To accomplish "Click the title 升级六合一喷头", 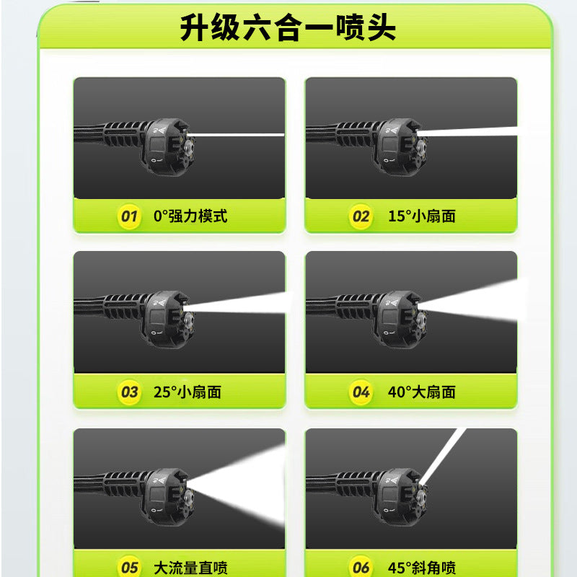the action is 288,27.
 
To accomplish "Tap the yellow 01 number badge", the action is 129,216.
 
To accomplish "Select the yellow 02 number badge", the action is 361,216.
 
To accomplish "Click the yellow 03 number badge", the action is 129,392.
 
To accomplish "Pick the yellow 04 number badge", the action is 361,392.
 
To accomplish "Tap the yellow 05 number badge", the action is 129,567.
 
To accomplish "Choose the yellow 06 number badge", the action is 361,567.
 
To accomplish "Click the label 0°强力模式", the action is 190,216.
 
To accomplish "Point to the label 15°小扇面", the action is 422,216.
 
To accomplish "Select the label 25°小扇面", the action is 188,392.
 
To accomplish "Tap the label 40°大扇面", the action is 422,392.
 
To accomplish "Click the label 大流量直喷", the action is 190,568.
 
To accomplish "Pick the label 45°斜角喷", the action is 422,568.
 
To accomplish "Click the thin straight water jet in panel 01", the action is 237,135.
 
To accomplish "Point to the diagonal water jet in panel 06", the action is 443,457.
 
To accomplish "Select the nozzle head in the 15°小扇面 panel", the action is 401,146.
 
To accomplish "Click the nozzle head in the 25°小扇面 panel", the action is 169,319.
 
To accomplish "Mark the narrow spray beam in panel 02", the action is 471,131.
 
